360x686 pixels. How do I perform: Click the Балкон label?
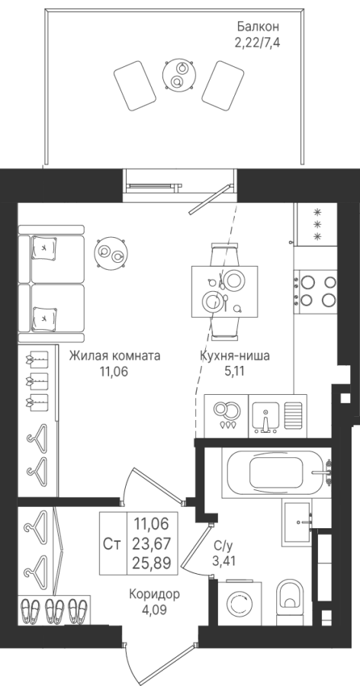pos(258,27)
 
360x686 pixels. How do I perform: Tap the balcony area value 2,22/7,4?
pos(258,43)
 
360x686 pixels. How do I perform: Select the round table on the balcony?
pos(178,75)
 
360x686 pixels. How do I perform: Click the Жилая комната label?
pos(114,356)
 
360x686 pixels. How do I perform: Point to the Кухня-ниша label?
pos(234,356)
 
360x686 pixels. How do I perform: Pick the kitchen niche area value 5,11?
pos(234,372)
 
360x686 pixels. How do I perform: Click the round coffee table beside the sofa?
pos(111,253)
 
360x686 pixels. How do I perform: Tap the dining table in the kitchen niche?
pos(225,292)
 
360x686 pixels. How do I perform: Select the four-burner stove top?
pos(315,291)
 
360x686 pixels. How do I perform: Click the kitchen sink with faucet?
pos(278,415)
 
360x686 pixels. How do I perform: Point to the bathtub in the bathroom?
pos(276,473)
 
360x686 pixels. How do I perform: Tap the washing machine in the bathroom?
pos(239,602)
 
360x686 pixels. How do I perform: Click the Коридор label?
pos(155,594)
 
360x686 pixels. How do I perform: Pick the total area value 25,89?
pos(153,561)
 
